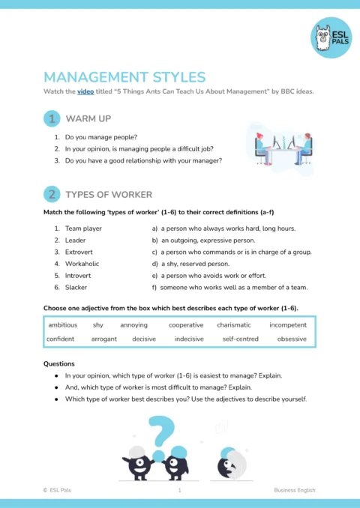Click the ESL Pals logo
click(x=330, y=37)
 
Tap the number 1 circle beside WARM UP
click(x=52, y=118)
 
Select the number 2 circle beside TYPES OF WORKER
click(x=52, y=194)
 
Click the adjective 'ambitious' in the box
click(x=62, y=325)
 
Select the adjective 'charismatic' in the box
click(x=234, y=325)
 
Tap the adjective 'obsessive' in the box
click(x=292, y=339)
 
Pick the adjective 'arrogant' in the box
click(x=104, y=339)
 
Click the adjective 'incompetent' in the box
click(x=288, y=325)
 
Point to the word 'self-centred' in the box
click(x=241, y=339)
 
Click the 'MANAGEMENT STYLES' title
click(x=124, y=76)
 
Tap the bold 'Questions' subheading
click(x=60, y=363)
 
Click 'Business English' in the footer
click(x=294, y=490)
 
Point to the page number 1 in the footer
click(x=179, y=490)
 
